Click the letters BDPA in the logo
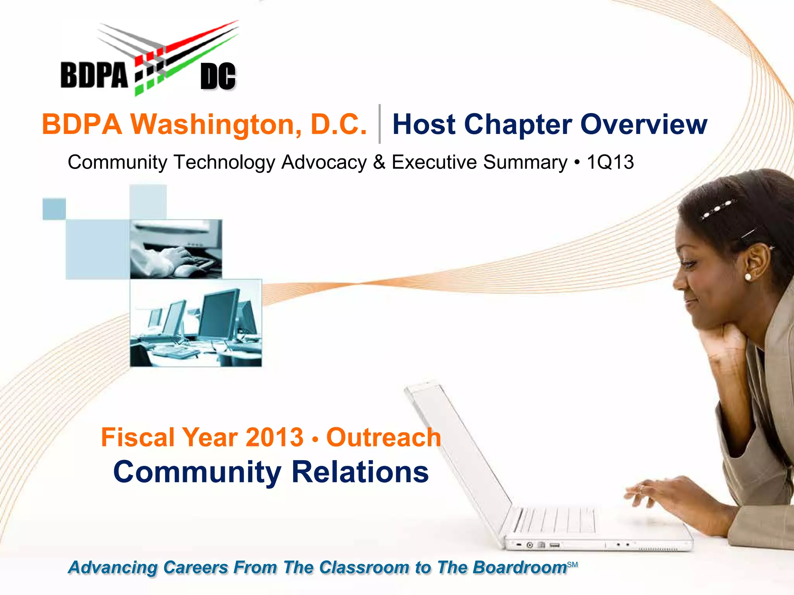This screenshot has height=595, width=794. click(x=94, y=75)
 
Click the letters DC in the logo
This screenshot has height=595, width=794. click(x=218, y=76)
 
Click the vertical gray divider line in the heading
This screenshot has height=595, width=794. click(x=380, y=124)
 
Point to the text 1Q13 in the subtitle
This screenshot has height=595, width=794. click(x=610, y=162)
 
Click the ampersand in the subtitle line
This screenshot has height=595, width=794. click(x=379, y=162)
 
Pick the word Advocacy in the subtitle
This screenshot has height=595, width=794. click(x=324, y=162)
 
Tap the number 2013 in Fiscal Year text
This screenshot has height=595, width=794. click(x=274, y=437)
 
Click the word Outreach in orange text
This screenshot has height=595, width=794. click(x=384, y=437)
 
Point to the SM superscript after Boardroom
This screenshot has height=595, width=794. click(x=572, y=565)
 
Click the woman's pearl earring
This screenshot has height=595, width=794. click(x=748, y=277)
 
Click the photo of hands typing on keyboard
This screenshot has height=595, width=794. click(x=176, y=249)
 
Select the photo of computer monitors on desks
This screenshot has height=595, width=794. click(x=196, y=323)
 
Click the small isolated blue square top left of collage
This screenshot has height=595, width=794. click(x=54, y=209)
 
